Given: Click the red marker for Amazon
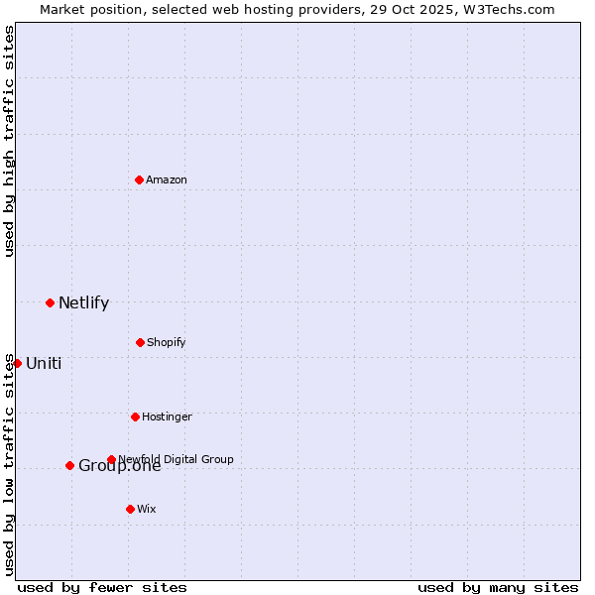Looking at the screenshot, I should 139,179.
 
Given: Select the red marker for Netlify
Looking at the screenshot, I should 50,302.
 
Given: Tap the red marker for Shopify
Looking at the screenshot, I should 140,342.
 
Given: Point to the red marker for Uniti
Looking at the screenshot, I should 17,363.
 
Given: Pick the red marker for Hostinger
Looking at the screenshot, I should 135,416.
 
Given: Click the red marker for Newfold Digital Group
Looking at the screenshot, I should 111,459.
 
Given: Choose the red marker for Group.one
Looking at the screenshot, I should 69,465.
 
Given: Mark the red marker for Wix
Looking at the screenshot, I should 130,509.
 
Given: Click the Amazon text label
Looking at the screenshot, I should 167,179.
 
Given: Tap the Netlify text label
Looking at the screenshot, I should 83,302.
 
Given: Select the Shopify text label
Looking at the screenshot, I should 167,342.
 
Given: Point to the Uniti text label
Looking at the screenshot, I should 44,363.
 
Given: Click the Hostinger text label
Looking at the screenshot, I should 167,416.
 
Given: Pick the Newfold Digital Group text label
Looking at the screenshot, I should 177,459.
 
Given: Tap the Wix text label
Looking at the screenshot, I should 147,509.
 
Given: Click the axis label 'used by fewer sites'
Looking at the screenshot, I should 102,587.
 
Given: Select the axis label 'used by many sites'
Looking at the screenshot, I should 498,587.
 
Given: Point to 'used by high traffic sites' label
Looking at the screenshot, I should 9,141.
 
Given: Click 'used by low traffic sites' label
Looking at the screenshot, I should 9,464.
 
